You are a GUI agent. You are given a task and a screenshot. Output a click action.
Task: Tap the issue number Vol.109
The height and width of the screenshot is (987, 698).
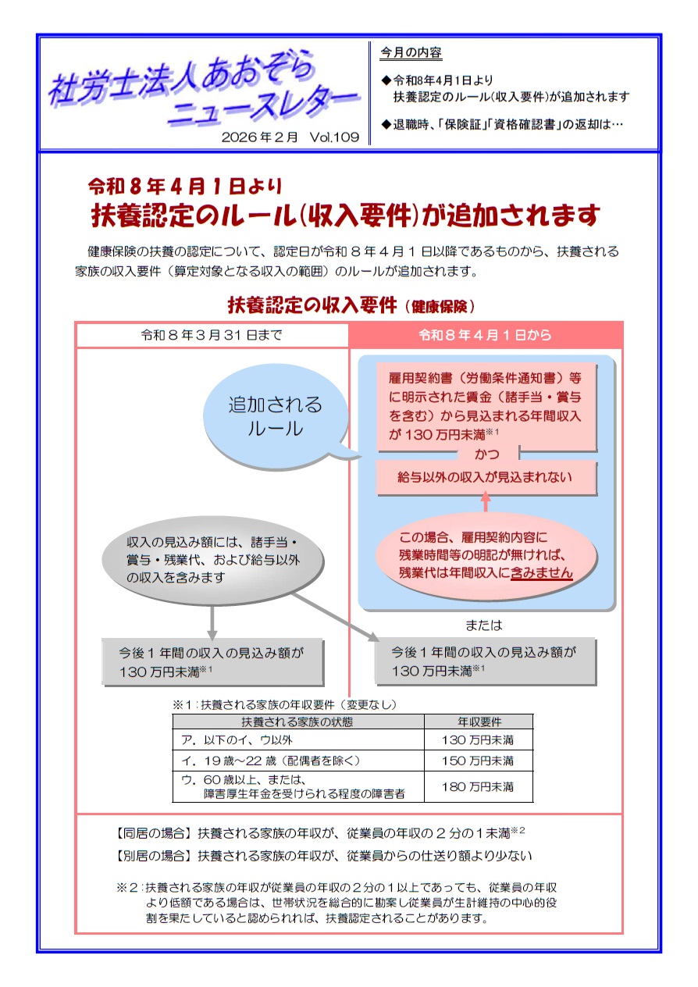(334, 137)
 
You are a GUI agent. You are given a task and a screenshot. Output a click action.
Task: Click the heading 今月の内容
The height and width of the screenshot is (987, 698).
(411, 53)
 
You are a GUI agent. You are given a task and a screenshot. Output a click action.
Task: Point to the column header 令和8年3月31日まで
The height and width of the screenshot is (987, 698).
(212, 335)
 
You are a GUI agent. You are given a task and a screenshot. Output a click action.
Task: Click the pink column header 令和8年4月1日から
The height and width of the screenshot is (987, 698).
(485, 335)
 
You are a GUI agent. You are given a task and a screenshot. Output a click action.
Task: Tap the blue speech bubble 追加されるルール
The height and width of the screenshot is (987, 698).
(275, 417)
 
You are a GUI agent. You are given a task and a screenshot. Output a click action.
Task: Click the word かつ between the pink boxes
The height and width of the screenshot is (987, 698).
(486, 454)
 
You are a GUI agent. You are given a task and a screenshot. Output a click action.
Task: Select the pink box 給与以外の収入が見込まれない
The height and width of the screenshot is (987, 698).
(486, 477)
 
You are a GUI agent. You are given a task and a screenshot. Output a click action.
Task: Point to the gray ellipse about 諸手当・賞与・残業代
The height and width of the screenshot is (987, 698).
(212, 560)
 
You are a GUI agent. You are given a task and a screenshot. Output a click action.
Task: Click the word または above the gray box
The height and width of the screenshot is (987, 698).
(484, 625)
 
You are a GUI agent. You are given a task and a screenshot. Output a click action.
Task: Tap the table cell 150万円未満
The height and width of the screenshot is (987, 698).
(478, 760)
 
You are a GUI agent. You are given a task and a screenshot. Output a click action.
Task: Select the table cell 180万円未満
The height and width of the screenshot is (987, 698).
(478, 786)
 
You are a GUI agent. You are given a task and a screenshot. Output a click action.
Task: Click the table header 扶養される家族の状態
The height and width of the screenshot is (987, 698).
(297, 722)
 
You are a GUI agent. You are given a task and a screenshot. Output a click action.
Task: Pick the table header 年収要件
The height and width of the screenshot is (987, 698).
(479, 722)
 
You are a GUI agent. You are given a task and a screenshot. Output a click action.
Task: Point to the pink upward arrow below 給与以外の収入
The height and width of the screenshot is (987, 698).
(486, 502)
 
